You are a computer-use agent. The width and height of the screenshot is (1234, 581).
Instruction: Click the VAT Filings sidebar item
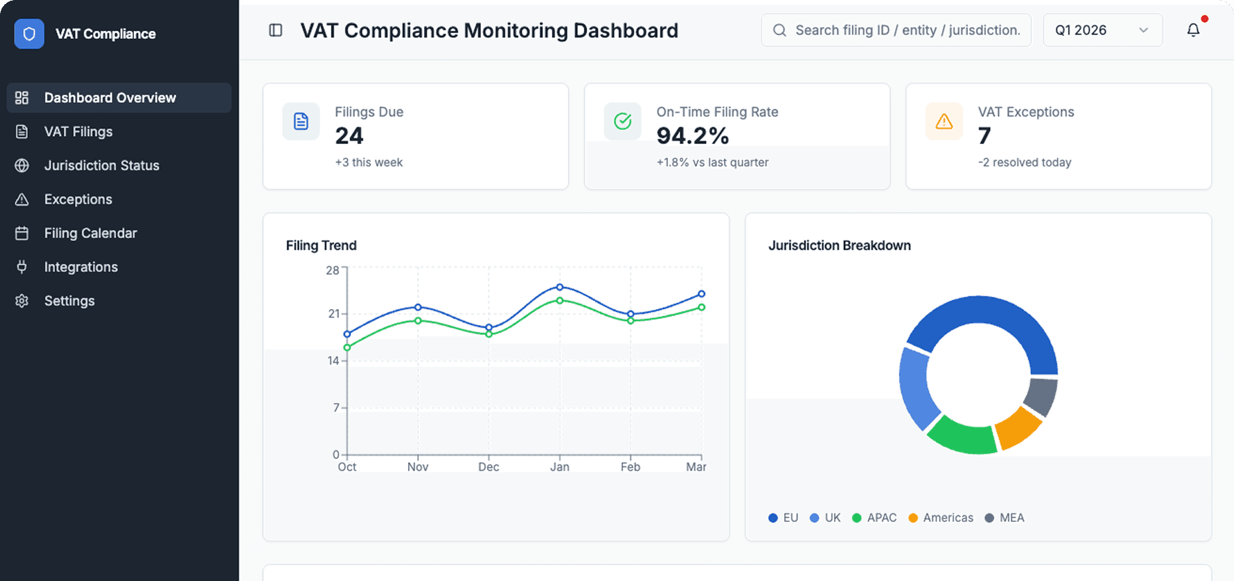tap(78, 131)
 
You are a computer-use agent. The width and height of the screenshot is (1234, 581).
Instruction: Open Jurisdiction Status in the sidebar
tap(102, 165)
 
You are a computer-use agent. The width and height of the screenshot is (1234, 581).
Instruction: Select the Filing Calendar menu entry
tap(90, 233)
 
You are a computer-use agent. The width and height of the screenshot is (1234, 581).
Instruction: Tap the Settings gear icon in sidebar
tap(22, 300)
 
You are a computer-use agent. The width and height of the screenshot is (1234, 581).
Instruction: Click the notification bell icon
tap(1193, 30)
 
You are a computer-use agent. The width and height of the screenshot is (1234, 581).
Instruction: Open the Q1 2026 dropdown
tap(1102, 30)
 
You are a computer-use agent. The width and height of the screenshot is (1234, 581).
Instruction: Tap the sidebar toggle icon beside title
tap(275, 30)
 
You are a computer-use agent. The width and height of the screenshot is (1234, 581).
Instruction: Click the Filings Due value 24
tap(349, 136)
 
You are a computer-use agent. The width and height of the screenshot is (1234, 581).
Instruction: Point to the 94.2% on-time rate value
tap(692, 136)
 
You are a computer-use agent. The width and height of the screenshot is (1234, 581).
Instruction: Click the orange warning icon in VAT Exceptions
tap(943, 121)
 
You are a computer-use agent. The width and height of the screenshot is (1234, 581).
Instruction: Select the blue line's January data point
tap(560, 287)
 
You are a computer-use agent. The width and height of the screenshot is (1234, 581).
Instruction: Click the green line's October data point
tap(347, 348)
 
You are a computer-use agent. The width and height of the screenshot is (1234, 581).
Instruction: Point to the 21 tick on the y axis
tap(334, 314)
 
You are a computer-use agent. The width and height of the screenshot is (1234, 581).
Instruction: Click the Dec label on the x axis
tap(488, 467)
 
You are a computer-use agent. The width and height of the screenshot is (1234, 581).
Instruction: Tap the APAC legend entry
tap(874, 517)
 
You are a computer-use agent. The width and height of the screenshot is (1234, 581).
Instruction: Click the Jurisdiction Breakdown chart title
tap(839, 245)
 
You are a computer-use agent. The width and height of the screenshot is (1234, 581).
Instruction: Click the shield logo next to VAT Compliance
tap(29, 34)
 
